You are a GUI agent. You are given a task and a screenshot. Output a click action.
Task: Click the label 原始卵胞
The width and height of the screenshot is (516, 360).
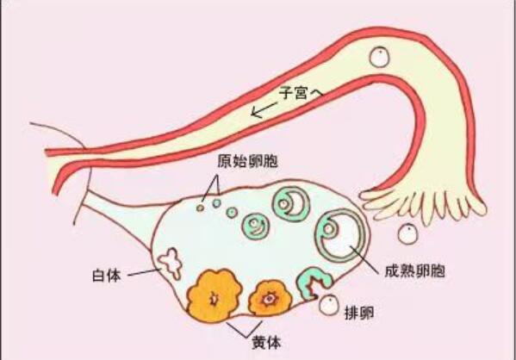click(247, 161)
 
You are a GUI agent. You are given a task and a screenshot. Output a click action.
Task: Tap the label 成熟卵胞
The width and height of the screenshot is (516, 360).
click(414, 271)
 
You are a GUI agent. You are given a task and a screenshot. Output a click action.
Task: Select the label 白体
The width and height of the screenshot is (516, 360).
click(106, 276)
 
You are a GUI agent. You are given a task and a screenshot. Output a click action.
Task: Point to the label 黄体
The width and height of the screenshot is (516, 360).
click(266, 343)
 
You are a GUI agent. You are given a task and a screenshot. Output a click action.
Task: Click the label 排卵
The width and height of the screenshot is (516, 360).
click(359, 313)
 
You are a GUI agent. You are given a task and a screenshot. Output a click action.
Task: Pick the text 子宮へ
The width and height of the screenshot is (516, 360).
click(301, 94)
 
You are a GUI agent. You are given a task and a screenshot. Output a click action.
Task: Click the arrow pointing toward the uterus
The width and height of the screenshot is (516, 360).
click(264, 109)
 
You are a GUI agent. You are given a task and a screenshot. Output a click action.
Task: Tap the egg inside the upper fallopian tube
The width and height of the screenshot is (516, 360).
click(379, 57)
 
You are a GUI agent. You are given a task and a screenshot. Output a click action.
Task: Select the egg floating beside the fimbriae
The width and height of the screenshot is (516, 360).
click(407, 233)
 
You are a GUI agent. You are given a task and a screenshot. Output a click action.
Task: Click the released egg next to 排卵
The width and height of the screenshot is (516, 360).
click(329, 305)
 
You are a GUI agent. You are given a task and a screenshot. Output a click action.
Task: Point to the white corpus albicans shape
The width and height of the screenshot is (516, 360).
click(171, 264)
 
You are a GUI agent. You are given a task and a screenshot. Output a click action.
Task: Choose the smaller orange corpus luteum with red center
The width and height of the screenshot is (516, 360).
click(270, 298)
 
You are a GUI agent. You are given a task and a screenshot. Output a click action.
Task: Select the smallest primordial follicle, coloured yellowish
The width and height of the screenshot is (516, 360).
click(200, 208)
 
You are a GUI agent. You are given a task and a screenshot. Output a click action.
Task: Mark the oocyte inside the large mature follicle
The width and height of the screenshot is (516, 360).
click(329, 228)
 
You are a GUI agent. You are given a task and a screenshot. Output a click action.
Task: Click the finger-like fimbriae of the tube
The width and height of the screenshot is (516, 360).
click(421, 206)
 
